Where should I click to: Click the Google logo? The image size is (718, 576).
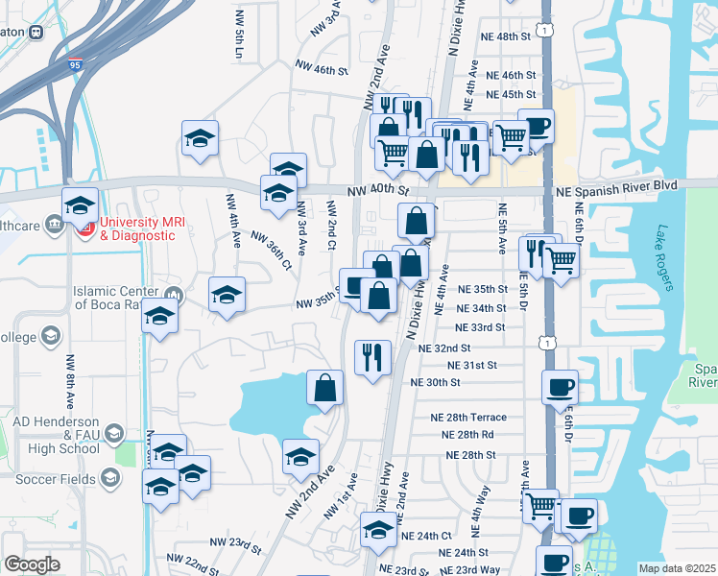(32, 564)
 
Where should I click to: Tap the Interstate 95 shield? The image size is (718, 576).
(77, 66)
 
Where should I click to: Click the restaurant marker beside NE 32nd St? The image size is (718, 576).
(371, 357)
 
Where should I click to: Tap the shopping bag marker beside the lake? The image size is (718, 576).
(325, 388)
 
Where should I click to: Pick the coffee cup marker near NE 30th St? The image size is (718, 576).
(560, 387)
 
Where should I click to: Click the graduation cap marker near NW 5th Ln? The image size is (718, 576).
(201, 137)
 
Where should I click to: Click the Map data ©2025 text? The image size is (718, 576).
(678, 568)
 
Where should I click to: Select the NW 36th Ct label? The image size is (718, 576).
(270, 250)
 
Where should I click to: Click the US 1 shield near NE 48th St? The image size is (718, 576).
(545, 32)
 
